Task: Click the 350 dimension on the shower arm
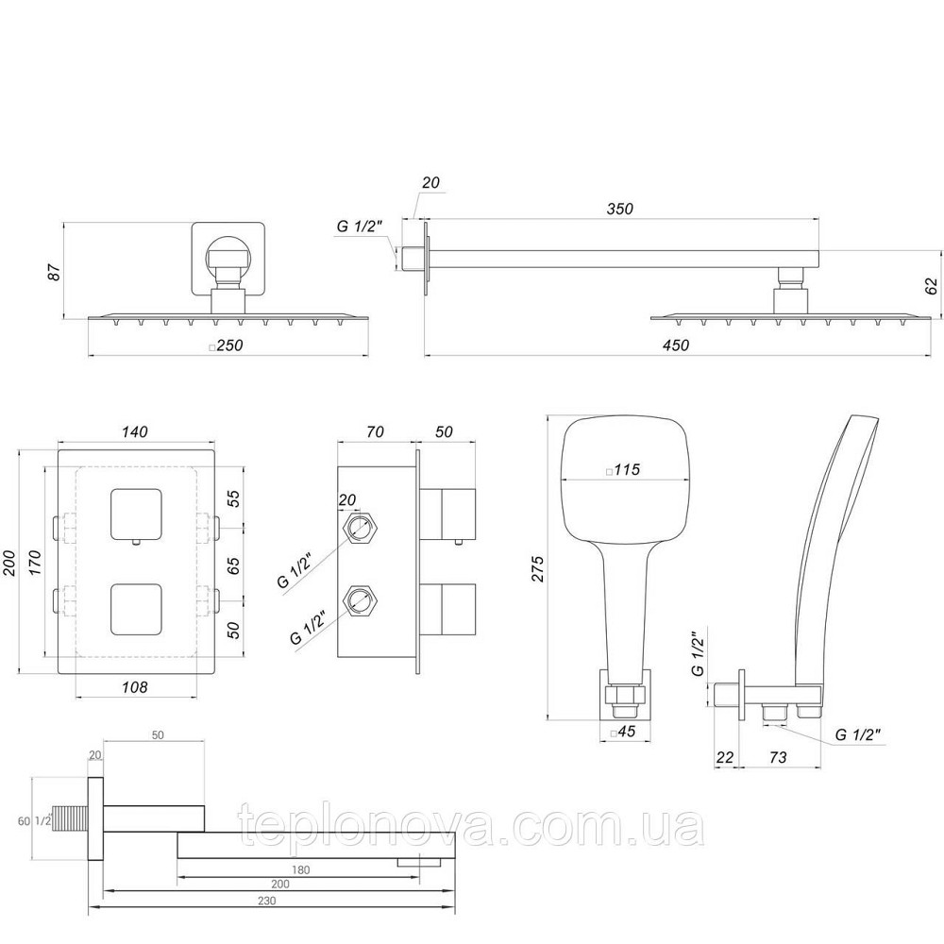point(620,209)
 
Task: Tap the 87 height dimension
point(55,272)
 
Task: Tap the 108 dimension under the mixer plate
point(136,687)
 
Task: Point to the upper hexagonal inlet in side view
point(359,527)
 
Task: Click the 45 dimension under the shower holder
point(624,733)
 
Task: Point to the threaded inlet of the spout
point(75,818)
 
